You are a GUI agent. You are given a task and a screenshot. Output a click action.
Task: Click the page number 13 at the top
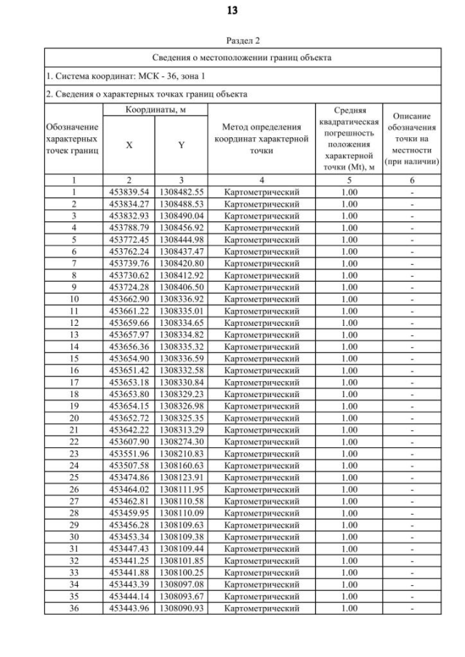click(232, 10)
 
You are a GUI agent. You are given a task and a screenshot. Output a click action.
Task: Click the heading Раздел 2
click(232, 41)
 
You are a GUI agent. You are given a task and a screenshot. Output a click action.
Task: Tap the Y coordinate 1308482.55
click(181, 192)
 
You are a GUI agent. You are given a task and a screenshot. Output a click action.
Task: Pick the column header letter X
click(129, 145)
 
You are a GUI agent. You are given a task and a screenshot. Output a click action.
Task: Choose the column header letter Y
click(181, 145)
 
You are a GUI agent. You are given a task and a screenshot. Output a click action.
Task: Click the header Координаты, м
click(155, 109)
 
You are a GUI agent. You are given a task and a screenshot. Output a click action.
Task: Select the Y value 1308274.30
click(181, 441)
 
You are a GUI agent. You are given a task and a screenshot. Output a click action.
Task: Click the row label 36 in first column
click(73, 608)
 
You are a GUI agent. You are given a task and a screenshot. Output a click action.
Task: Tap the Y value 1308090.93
click(181, 608)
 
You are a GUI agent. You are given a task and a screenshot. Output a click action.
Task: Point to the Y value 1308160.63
click(181, 465)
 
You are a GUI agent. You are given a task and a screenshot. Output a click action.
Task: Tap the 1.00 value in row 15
click(349, 359)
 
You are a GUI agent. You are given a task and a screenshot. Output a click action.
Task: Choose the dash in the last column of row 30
click(412, 536)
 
